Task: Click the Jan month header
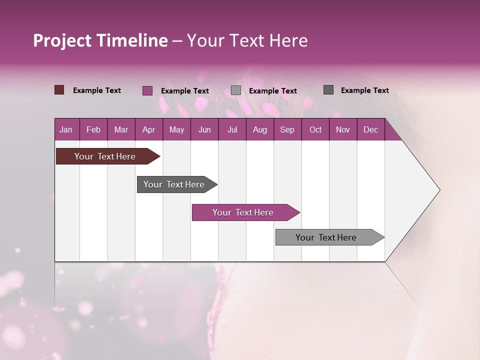coord(66,129)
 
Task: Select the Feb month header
coord(93,129)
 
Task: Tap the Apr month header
coord(149,129)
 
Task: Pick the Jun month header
coord(204,129)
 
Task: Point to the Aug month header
coord(260,129)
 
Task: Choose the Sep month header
coord(287,129)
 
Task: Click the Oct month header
coord(315,129)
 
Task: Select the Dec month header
coord(371,129)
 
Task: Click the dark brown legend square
coord(59,90)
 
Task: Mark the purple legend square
coord(147,90)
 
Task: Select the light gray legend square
coord(236,90)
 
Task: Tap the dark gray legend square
coord(328,90)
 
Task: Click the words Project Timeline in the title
coord(100,40)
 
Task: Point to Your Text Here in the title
coord(247,40)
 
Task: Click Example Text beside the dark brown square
coord(97,90)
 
